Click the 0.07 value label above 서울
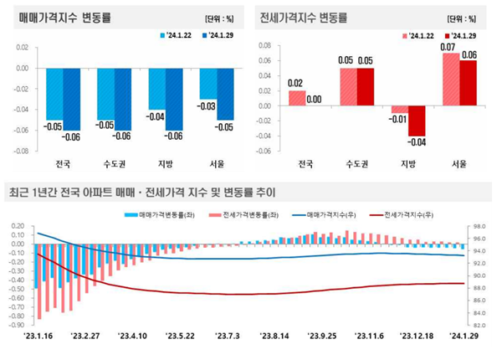coord(449,47)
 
